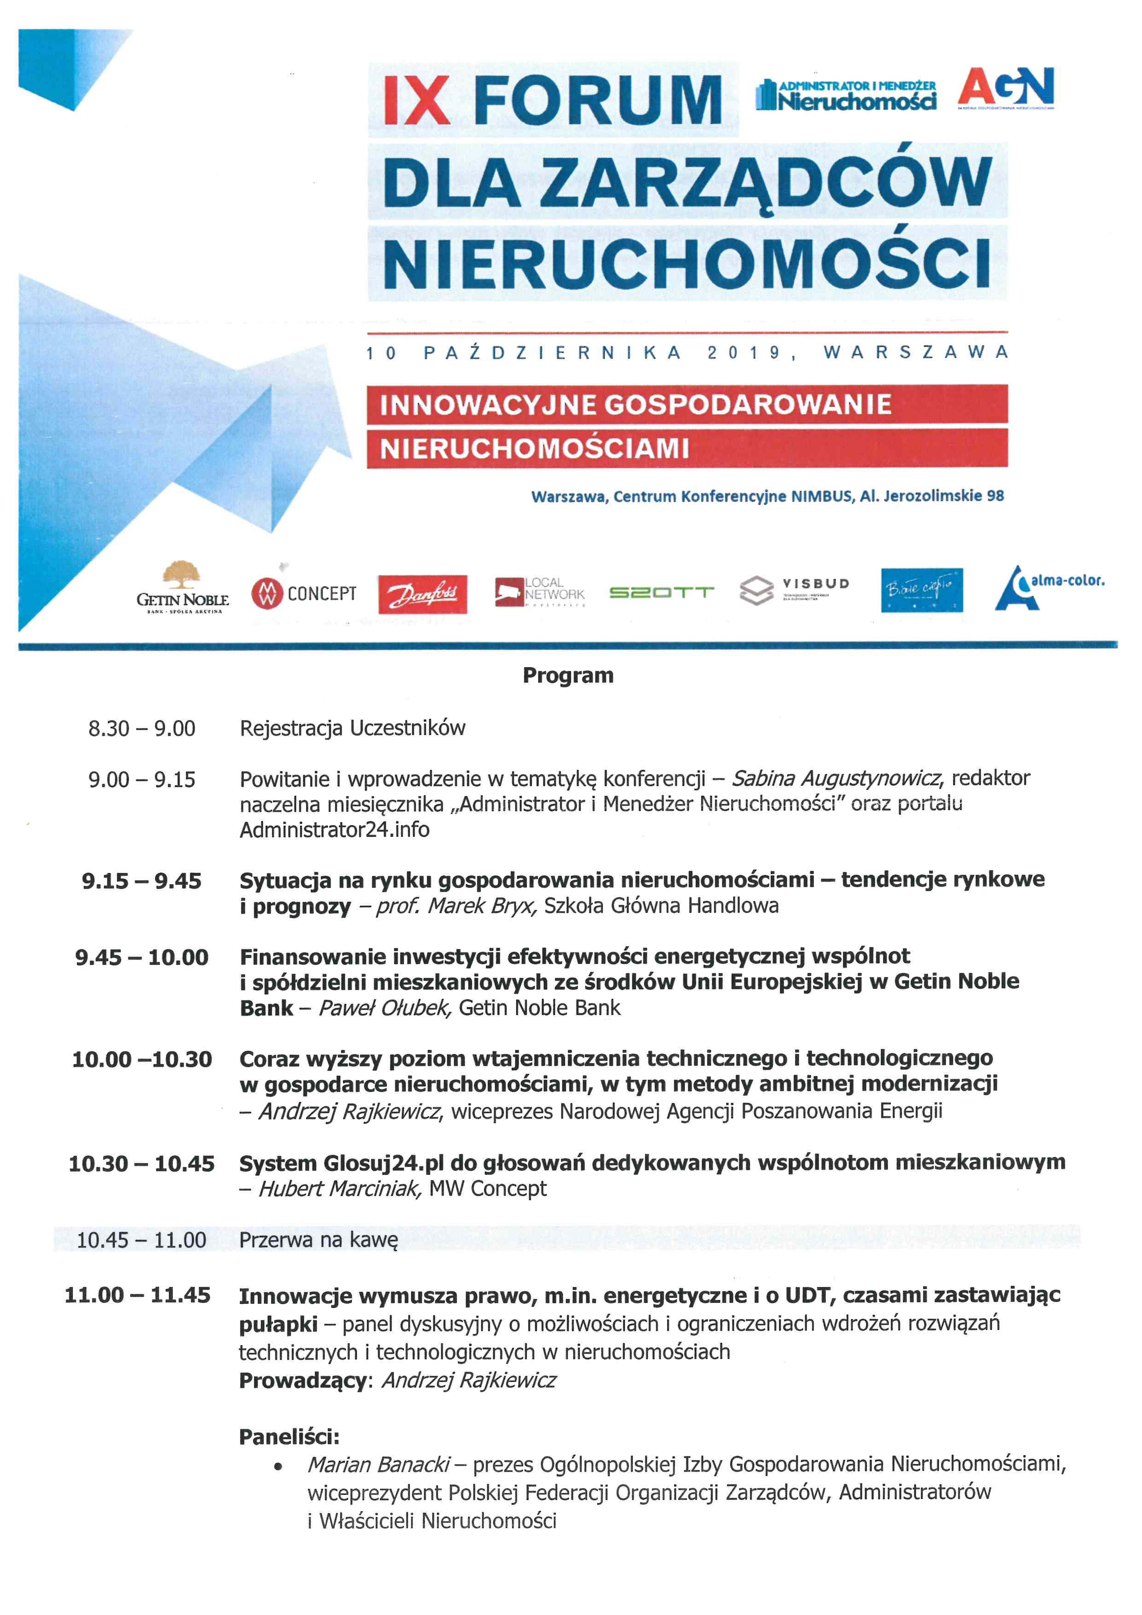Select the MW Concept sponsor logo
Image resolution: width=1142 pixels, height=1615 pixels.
304,594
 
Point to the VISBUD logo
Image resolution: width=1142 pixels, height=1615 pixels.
795,589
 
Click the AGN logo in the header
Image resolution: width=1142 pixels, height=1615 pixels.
1006,88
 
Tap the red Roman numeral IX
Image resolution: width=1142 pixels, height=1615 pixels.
416,100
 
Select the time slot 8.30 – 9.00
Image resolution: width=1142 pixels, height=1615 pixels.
141,729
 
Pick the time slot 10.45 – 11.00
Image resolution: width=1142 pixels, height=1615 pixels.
141,1239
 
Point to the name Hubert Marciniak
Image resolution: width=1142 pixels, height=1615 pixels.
340,1189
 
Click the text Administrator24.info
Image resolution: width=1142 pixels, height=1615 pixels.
335,830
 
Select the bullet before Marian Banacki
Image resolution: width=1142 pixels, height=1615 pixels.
279,1467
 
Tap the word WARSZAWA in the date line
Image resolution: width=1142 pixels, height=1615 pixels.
915,352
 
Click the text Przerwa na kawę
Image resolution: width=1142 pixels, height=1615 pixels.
319,1239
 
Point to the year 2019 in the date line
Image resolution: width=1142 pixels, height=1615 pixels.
745,352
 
